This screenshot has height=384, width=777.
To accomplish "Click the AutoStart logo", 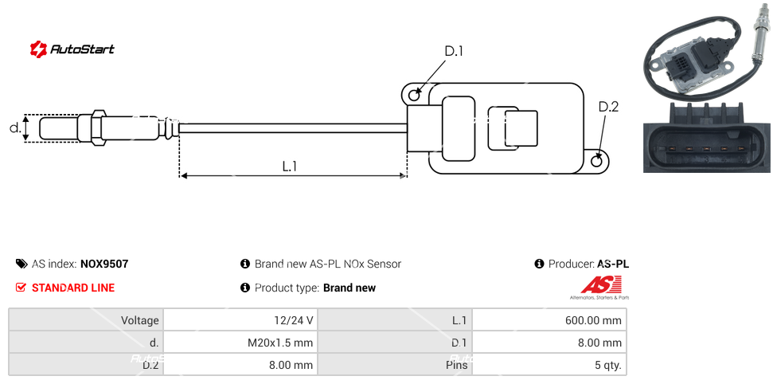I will [72, 49].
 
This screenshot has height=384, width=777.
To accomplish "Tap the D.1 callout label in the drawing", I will [454, 52].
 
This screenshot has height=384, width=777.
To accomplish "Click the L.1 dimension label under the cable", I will [290, 166].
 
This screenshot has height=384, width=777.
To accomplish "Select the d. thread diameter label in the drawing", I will [14, 127].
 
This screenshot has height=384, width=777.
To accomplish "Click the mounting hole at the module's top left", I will [414, 96].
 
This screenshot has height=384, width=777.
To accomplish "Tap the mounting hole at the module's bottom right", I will [598, 161].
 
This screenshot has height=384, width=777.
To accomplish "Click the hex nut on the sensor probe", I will [99, 127].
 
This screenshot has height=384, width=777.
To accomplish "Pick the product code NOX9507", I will [104, 264].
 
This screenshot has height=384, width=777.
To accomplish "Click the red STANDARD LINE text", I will [73, 288].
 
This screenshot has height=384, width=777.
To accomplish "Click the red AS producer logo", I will [600, 285].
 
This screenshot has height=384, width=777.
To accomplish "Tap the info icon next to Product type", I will [245, 288].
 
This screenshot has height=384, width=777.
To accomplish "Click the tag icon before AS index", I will [21, 264].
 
